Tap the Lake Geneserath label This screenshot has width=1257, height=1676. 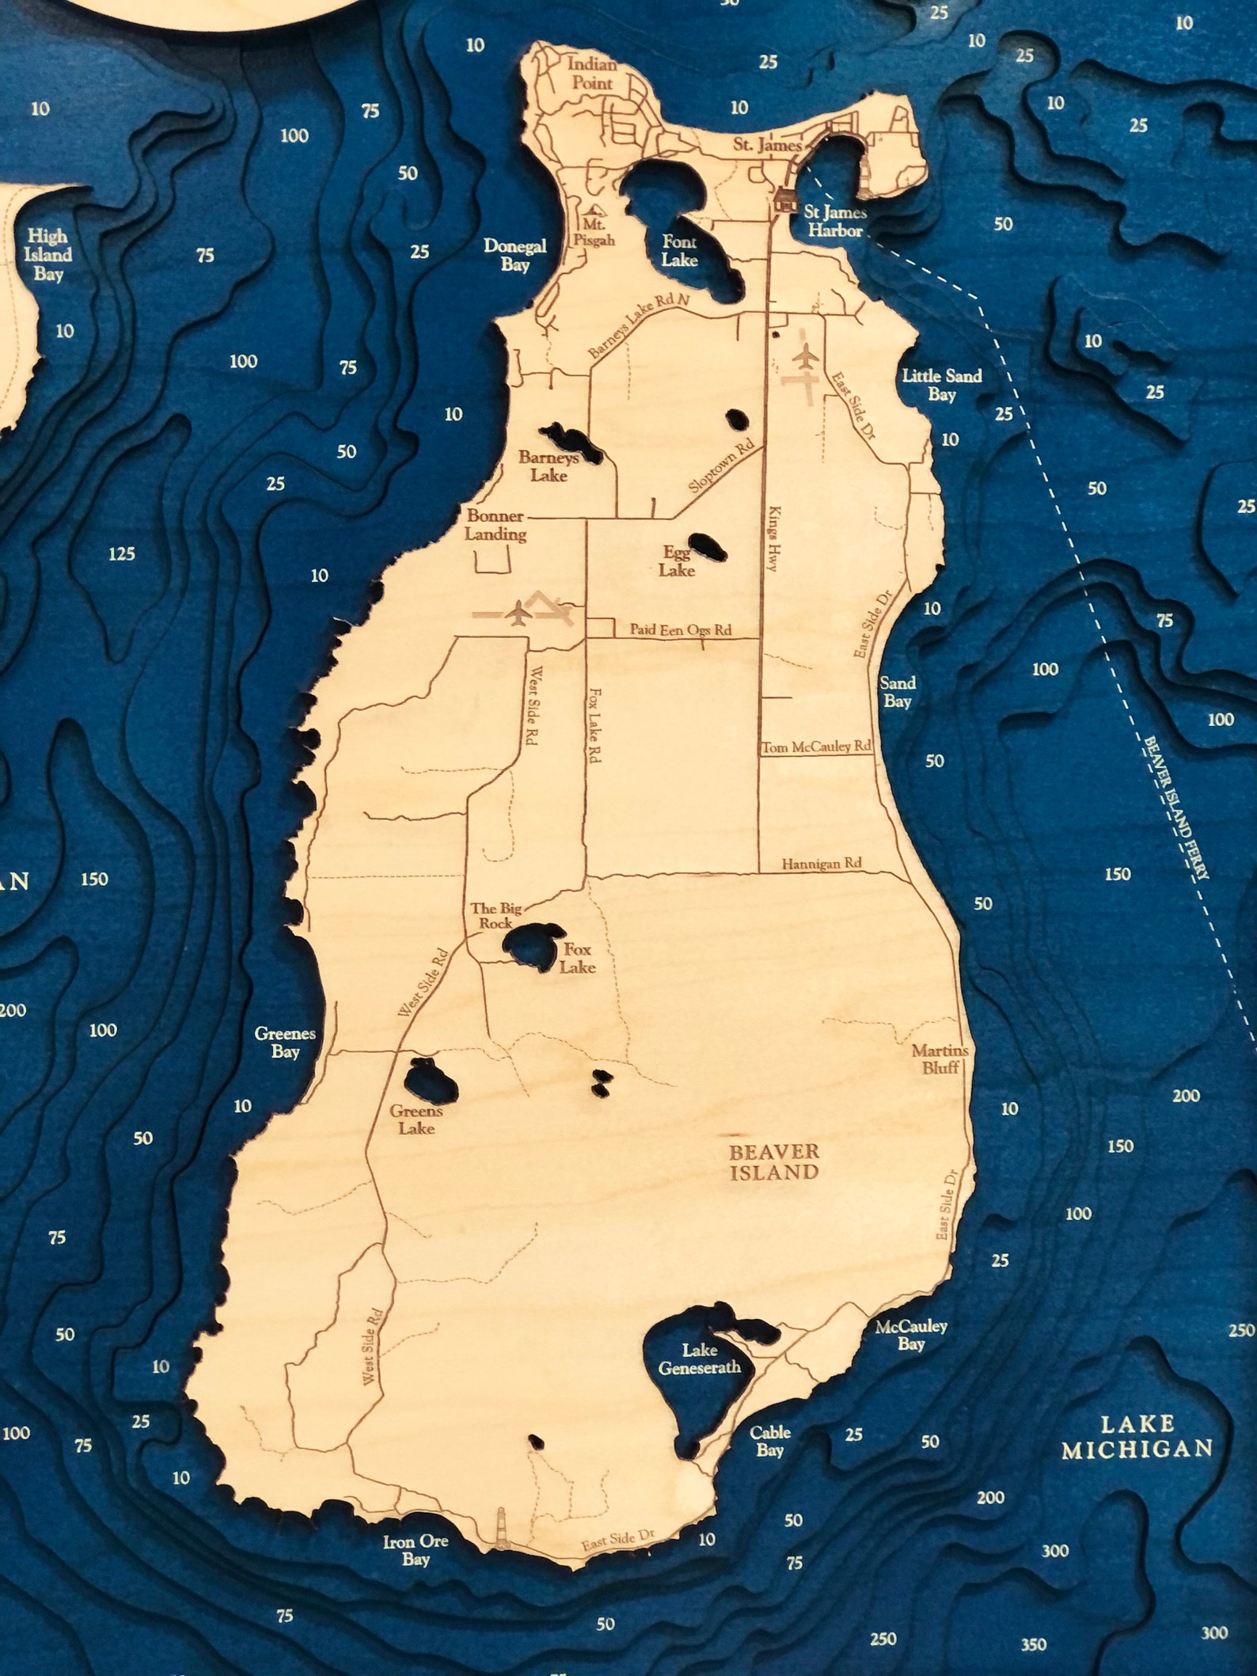coord(700,1359)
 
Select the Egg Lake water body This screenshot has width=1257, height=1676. coord(706,545)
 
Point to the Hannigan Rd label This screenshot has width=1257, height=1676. coord(821,864)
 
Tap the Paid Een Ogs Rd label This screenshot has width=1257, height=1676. coord(680,630)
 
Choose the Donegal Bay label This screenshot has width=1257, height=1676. coord(515,255)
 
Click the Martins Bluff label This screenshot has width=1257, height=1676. coord(940,1058)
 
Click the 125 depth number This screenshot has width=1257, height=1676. coord(122,553)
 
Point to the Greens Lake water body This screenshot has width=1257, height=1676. coord(429,1080)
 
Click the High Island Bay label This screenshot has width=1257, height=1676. coord(48,255)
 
